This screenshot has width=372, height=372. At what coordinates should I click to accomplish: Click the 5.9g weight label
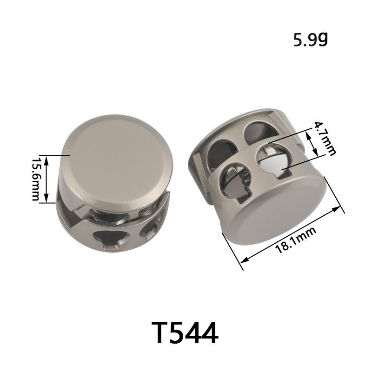[x=310, y=40]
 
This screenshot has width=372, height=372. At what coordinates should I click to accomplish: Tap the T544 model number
[x=185, y=332]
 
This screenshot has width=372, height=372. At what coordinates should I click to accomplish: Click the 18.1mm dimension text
[x=295, y=240]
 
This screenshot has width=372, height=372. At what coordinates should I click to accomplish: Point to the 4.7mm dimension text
[x=325, y=139]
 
